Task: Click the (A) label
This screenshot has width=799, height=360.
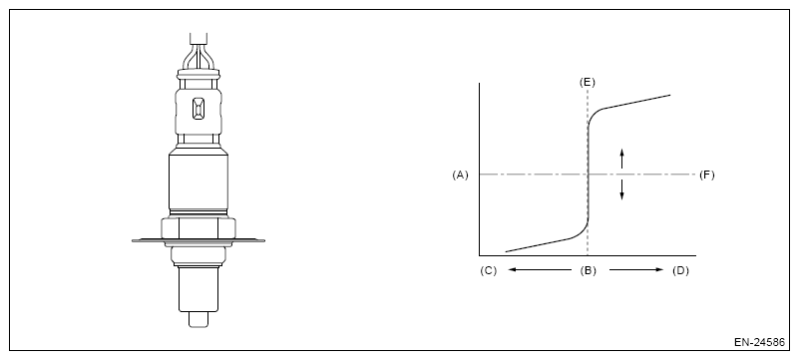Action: [x=460, y=176]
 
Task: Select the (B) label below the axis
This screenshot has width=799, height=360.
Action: [x=589, y=271]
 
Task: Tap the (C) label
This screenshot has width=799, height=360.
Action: [x=488, y=271]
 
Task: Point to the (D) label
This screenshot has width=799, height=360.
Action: [x=680, y=271]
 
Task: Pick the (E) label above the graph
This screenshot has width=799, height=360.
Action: [x=588, y=83]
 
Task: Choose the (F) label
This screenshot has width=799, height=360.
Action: [x=707, y=176]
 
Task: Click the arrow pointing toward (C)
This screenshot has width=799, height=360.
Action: [x=540, y=270]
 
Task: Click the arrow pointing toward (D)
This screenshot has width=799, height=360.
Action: [x=636, y=270]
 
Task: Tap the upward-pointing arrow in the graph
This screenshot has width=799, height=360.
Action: [x=621, y=158]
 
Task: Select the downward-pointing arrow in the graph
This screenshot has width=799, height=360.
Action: [x=621, y=189]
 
